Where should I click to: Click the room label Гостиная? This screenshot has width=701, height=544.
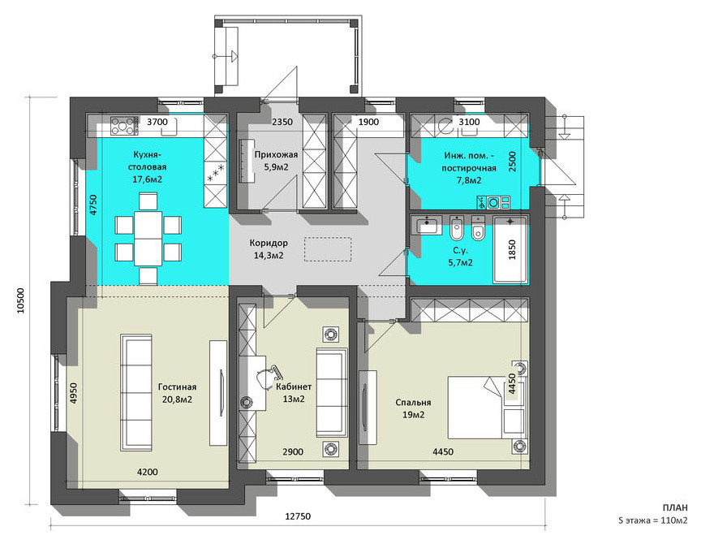177,387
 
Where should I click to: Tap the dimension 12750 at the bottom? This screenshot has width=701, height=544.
298,516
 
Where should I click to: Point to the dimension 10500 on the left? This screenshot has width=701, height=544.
20,300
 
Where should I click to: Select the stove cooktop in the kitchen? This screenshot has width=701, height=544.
123,125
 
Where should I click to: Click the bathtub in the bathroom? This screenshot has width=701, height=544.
510,249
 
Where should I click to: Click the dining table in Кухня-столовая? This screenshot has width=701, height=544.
148,239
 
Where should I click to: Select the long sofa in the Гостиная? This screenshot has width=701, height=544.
136,393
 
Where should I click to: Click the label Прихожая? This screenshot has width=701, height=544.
276,155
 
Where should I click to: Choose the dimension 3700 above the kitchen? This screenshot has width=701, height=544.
157,122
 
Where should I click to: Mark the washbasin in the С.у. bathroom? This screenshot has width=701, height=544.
428,224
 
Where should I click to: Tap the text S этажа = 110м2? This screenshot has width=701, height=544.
652,520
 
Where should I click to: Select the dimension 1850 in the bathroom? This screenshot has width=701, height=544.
512,249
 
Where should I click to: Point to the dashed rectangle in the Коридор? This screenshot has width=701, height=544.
328,249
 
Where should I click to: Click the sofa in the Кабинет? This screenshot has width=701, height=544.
332,392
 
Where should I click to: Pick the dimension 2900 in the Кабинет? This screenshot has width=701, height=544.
293,451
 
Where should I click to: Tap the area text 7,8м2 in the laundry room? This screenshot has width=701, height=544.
468,180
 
